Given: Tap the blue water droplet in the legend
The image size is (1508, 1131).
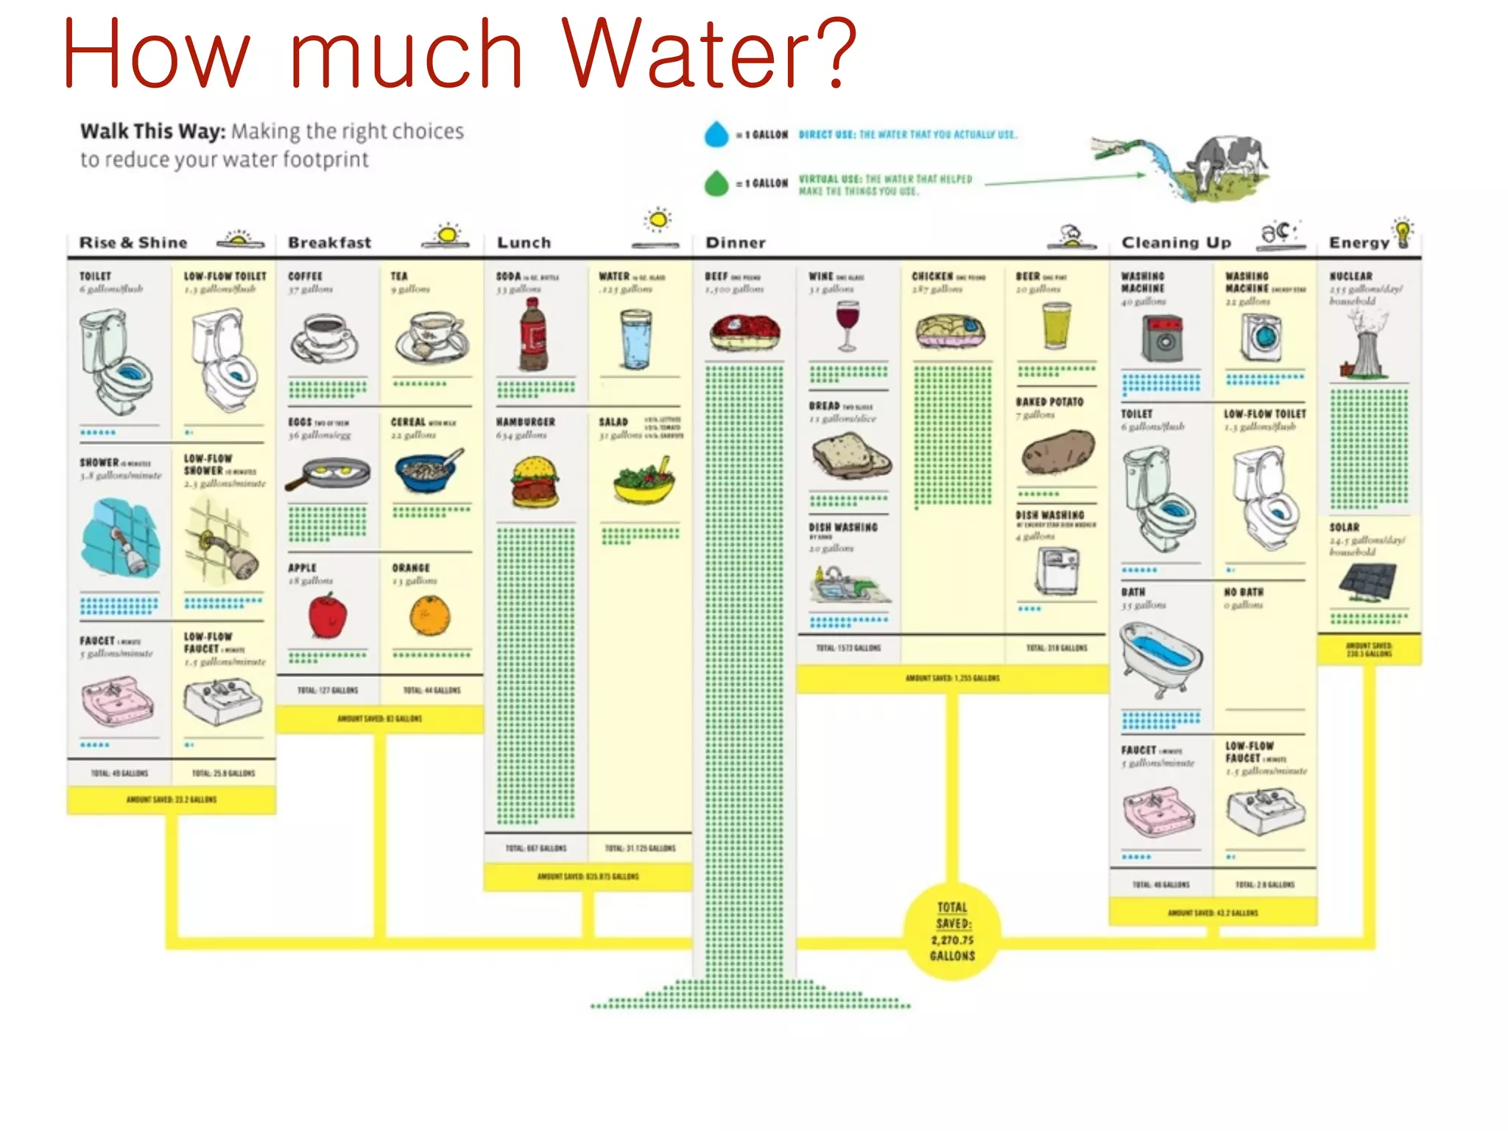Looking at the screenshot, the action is pos(716,135).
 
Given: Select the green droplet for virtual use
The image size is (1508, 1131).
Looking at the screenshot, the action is pos(716,183).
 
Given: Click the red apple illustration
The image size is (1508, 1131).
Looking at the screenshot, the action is pos(328,616).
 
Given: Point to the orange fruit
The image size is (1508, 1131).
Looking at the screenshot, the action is pos(430,616).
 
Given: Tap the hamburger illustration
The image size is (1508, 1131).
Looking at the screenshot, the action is pos(535,482).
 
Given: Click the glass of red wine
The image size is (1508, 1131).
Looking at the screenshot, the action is pos(848,325).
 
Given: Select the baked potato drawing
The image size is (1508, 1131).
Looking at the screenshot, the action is pos(1057,452).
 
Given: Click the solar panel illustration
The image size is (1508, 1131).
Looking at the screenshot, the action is pos(1367,582).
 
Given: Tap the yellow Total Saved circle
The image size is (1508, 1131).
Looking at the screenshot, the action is pos(952,931).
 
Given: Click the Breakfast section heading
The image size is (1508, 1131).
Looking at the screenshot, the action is pos(329,242).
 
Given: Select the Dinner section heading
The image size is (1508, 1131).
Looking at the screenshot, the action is pos(736,242).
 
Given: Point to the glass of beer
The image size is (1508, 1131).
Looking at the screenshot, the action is pos(1057,325).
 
